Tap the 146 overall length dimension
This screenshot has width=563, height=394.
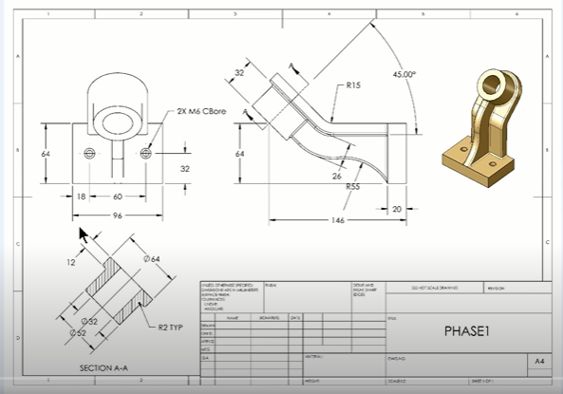coord(336,219)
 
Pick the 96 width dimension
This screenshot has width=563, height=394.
coord(119,215)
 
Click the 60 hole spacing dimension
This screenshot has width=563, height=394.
coord(119,197)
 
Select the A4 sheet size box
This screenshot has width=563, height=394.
coord(538,362)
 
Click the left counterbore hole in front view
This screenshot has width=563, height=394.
coord(90,154)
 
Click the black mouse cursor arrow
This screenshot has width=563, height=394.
coord(84,235)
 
